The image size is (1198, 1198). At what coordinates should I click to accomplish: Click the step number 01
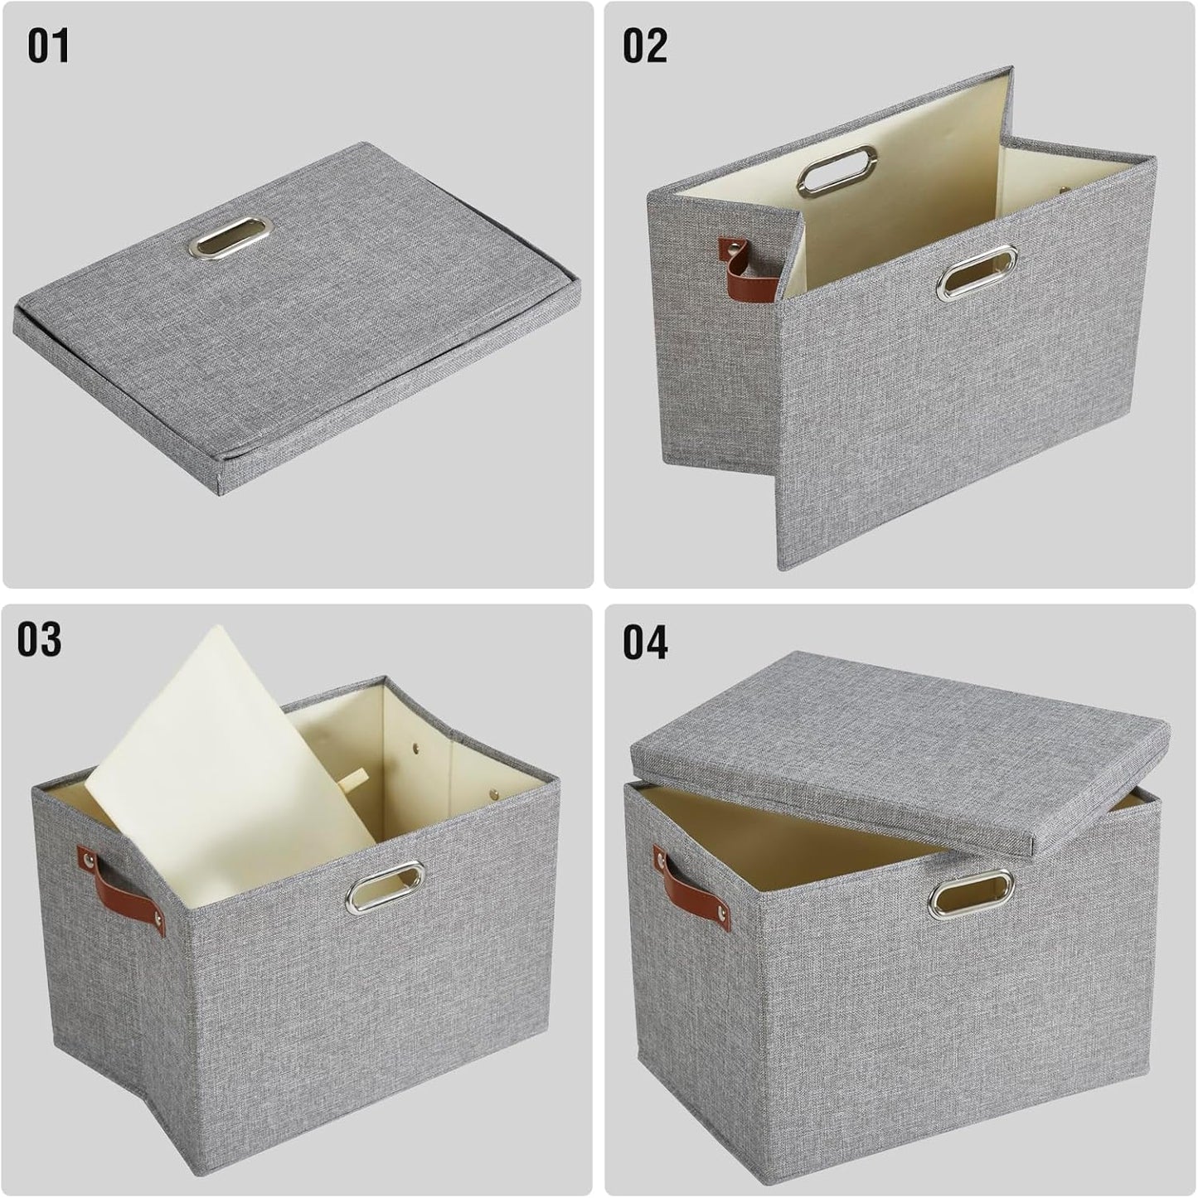coord(48,46)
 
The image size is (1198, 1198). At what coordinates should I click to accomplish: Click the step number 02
coord(644,46)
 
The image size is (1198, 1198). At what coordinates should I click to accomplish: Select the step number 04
coord(644,643)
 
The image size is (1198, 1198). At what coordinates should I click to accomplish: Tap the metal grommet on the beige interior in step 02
coord(825,171)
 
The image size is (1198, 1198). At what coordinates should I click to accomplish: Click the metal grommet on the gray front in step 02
coord(977,272)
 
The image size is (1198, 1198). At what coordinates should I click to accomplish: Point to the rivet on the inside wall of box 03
coord(415,750)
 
